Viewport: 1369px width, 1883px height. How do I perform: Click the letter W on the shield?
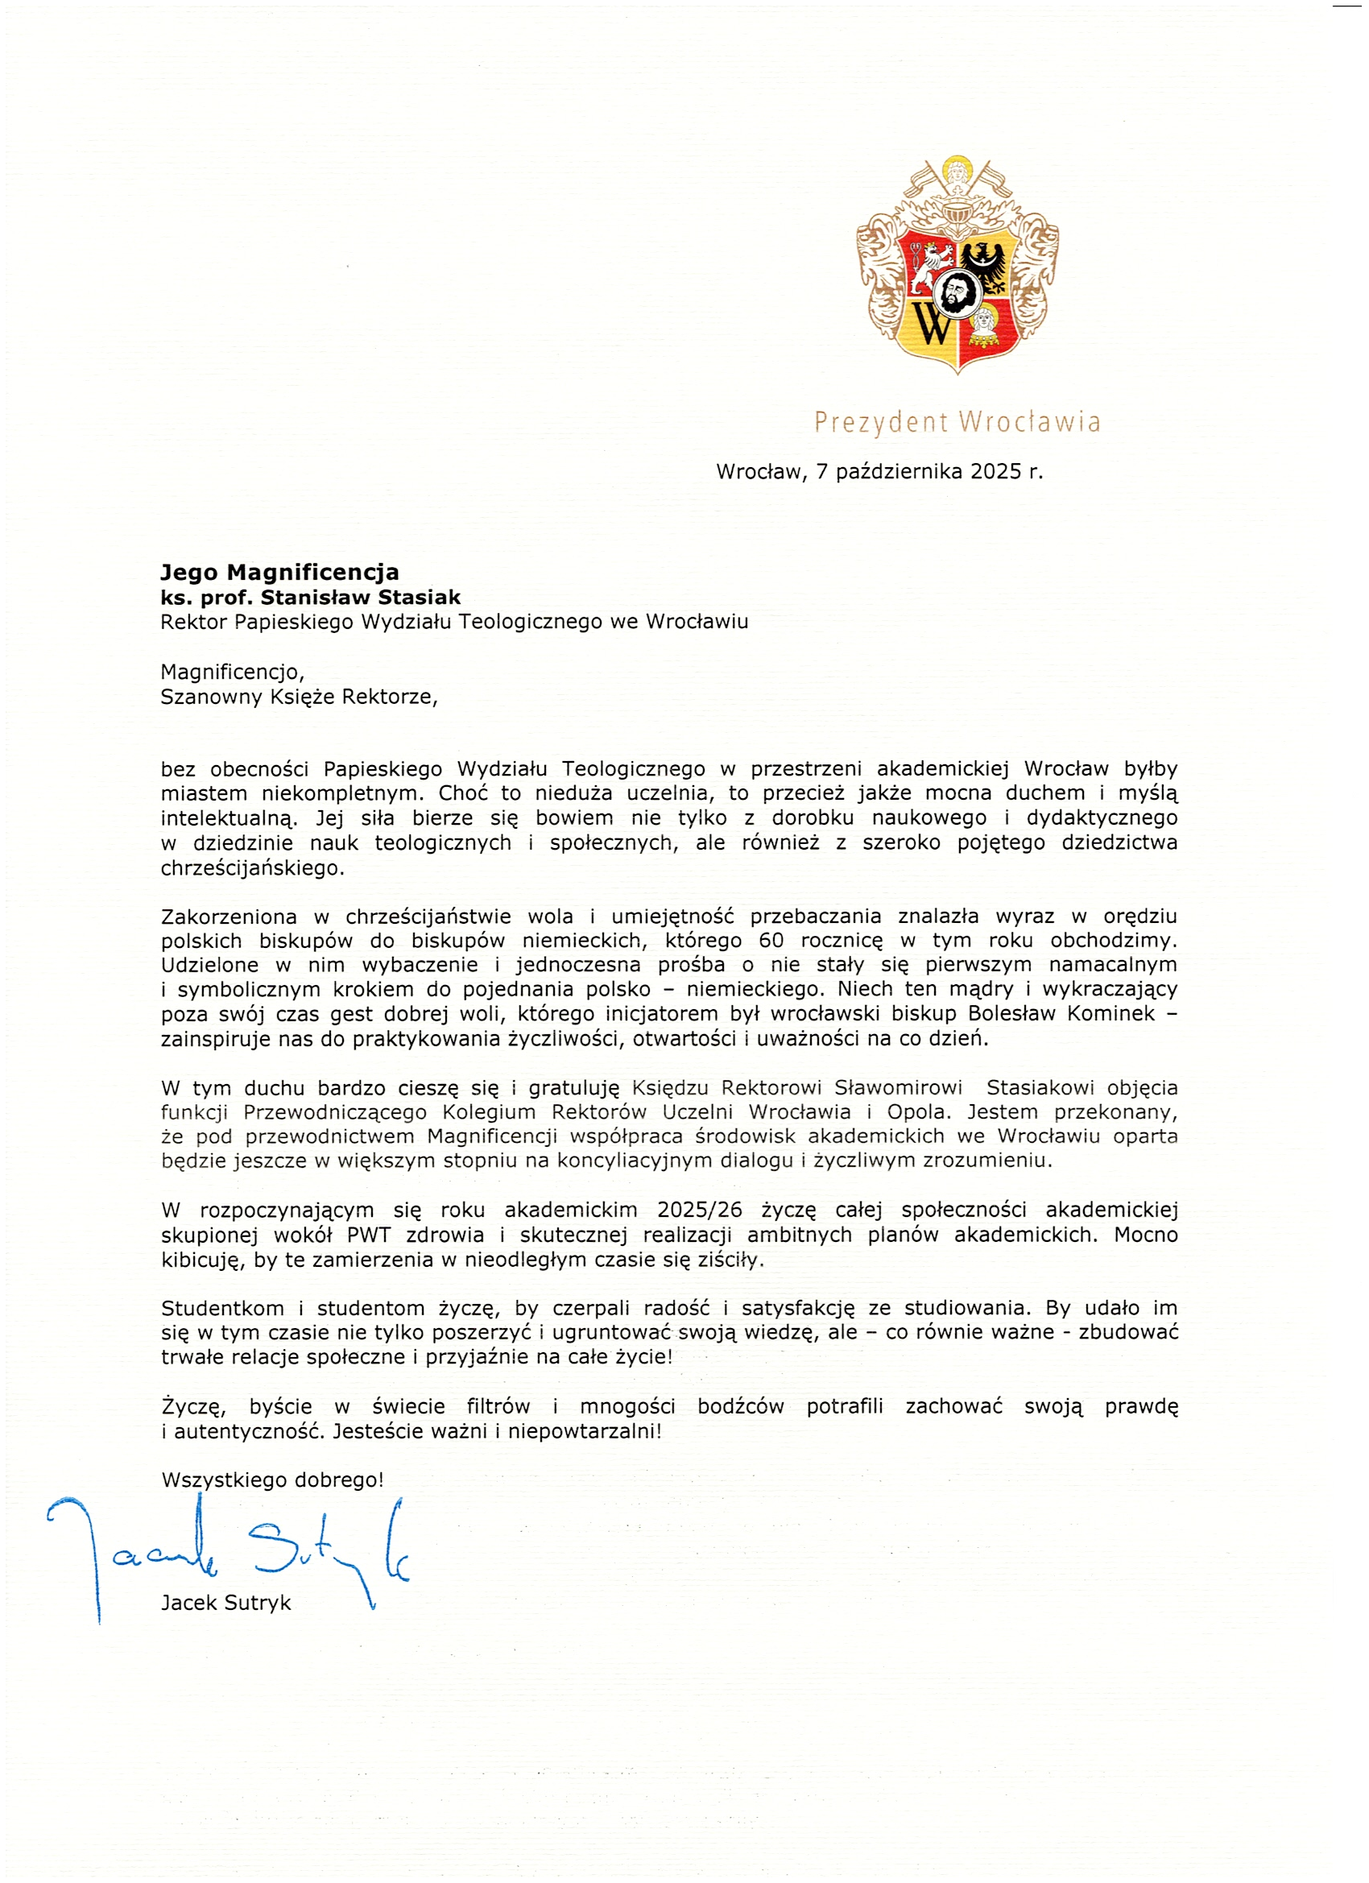[933, 324]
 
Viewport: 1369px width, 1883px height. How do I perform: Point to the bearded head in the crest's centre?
[957, 292]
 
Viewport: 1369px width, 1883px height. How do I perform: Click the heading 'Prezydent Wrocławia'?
[957, 422]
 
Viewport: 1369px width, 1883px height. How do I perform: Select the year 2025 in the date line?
[995, 472]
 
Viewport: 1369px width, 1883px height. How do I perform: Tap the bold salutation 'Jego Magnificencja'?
[279, 572]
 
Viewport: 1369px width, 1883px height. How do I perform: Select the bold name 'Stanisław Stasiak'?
[360, 597]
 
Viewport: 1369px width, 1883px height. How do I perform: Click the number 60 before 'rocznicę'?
[771, 941]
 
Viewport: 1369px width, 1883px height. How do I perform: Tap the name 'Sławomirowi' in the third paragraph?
[898, 1087]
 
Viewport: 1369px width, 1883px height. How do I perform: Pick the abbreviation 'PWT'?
[369, 1235]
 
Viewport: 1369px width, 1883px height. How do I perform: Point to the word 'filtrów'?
[498, 1406]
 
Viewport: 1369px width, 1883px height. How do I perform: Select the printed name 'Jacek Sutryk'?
[225, 1603]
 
